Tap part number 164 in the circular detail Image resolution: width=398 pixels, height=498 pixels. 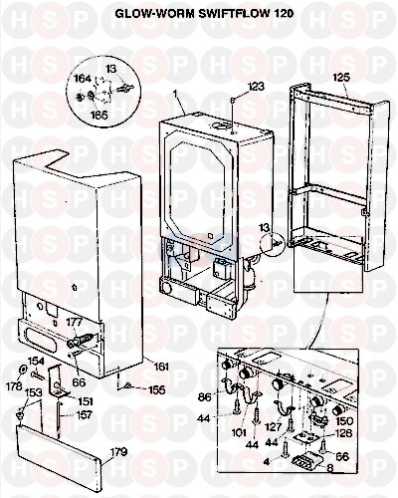[x=82, y=79]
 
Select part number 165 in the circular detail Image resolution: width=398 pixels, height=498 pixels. [x=99, y=115]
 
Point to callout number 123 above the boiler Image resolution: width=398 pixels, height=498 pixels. [x=256, y=87]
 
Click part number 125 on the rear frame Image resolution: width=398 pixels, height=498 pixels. [x=342, y=78]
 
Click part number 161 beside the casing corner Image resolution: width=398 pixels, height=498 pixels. [x=161, y=367]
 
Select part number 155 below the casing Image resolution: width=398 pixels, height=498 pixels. [x=156, y=389]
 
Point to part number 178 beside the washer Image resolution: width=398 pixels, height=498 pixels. [x=14, y=386]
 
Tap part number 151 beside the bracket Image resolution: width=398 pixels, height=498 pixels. [x=85, y=401]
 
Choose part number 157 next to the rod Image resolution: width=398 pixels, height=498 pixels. [x=84, y=415]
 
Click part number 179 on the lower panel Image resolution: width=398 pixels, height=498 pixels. [x=118, y=452]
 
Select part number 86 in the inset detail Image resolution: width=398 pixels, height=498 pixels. [x=204, y=397]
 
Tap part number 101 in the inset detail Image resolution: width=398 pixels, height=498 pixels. [x=239, y=432]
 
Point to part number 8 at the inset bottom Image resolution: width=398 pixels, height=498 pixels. [x=329, y=467]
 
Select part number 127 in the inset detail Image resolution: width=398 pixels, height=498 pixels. [x=273, y=427]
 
